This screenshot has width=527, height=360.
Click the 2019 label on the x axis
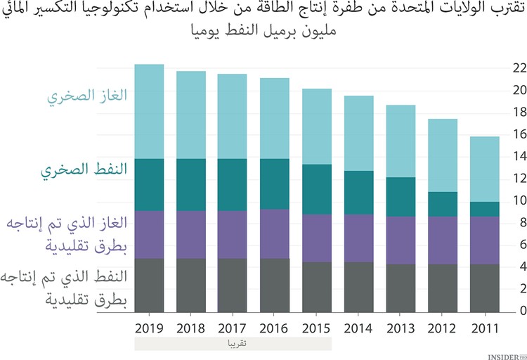[x=148, y=328]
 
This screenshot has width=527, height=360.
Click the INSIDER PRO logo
[x=506, y=355]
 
